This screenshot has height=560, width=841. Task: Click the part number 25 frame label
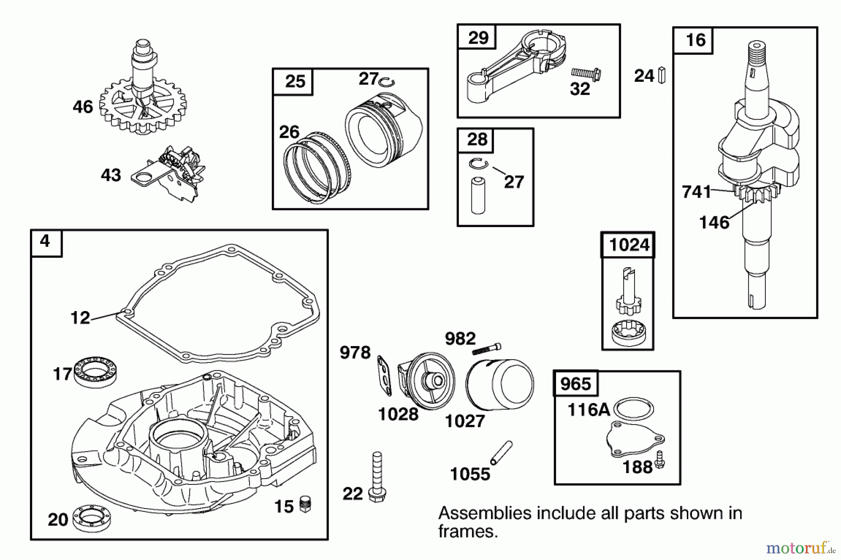coord(294,82)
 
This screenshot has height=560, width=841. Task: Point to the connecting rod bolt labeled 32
coord(586,73)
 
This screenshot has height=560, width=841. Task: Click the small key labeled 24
coord(662,76)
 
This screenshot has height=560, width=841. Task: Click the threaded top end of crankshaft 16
coord(756,51)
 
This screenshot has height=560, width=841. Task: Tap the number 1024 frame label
coord(628,245)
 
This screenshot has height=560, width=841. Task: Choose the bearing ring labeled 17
coord(96,371)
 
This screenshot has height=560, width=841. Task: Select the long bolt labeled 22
coord(377,476)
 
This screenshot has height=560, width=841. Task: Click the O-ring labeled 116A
coord(634,409)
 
